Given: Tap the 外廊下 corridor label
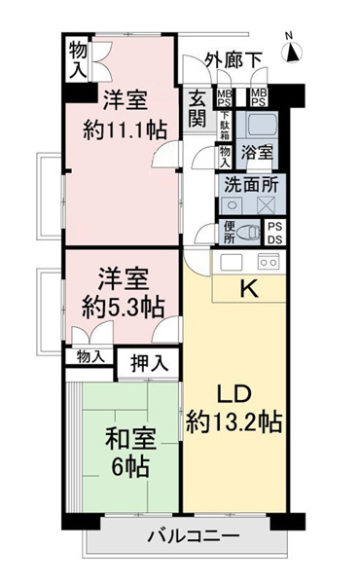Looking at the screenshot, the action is tap(234, 59).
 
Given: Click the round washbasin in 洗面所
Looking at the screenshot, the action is tap(232, 204).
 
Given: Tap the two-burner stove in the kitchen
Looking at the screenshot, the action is tap(269, 262).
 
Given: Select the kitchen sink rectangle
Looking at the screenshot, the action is tap(232, 262).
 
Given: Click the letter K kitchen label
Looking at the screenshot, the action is tap(249, 288).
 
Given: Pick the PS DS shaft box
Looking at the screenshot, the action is tap(275, 233).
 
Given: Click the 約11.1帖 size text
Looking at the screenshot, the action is tap(125, 130).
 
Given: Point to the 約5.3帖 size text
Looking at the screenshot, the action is tap(123, 308).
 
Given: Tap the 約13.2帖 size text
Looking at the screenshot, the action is tap(234, 421).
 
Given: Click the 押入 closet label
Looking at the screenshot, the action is tap(149, 363).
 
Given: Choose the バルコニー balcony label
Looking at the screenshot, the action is tap(194, 536).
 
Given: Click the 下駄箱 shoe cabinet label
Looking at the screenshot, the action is tap(225, 127).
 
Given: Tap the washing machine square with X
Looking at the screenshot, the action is tap(266, 204).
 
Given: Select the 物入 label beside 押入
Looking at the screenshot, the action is tap(90, 357).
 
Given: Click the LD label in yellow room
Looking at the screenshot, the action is tap(234, 394).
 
